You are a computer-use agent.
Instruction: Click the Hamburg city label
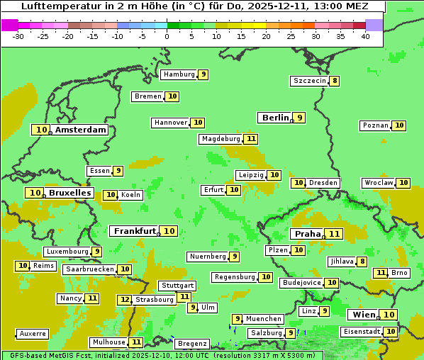pos(179,74)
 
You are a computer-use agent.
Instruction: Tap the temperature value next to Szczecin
pos(335,81)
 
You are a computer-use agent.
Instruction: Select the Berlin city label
pos(275,118)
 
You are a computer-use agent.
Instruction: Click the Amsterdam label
pos(80,130)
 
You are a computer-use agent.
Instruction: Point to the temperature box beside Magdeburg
pos(251,139)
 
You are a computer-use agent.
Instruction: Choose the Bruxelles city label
pos(69,193)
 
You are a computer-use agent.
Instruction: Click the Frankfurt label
pos(135,231)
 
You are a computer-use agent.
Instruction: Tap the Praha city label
pos(308,234)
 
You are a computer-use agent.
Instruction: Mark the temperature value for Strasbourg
pos(125,300)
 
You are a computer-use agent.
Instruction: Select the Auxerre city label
pos(33,334)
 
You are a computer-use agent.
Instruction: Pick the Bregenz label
pos(191,344)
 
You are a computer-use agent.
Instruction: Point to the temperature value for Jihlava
pos(362,261)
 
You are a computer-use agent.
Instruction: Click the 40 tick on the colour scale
pos(365,36)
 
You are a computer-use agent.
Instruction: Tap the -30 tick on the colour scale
pos(18,36)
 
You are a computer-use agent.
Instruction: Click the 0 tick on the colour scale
pos(167,36)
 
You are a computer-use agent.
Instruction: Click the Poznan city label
pos(375,125)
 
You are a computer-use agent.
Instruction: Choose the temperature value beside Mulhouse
pos(137,342)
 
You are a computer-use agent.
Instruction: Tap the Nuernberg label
pos(208,257)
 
